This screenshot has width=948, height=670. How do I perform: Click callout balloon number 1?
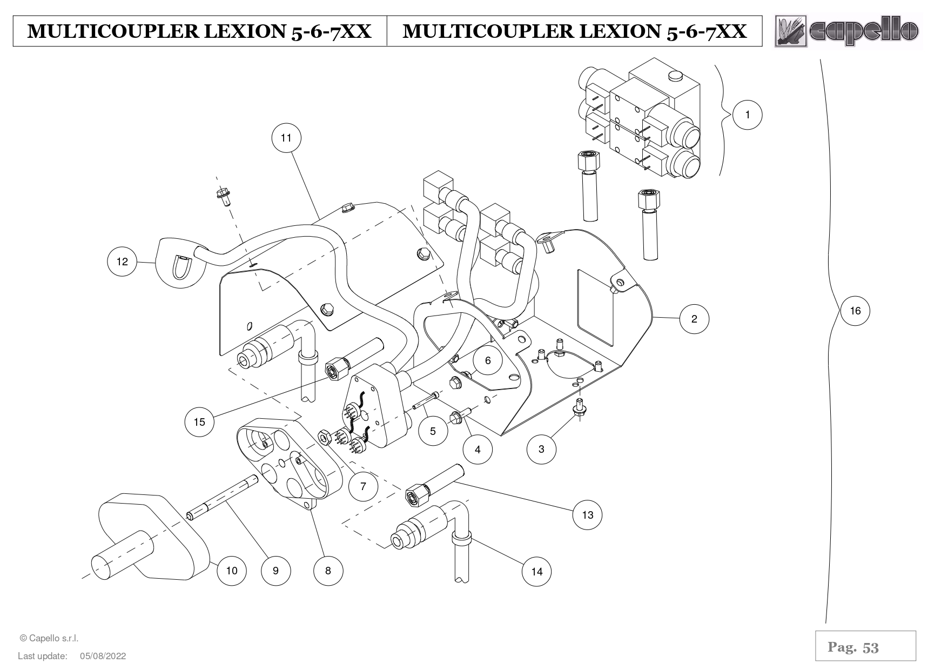pyautogui.click(x=748, y=115)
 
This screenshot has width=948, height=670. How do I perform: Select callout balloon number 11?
pyautogui.click(x=286, y=138)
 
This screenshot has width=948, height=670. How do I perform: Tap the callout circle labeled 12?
pyautogui.click(x=122, y=262)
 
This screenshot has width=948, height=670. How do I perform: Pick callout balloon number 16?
pyautogui.click(x=855, y=311)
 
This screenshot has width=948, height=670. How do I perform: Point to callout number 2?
pyautogui.click(x=694, y=319)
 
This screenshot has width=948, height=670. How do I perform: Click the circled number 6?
pyautogui.click(x=488, y=360)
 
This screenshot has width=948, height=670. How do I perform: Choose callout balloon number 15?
pyautogui.click(x=199, y=421)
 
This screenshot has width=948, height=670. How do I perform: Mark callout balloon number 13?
pyautogui.click(x=587, y=515)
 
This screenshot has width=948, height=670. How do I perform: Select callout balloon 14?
pyautogui.click(x=536, y=572)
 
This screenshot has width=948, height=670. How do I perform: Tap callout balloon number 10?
pyautogui.click(x=231, y=571)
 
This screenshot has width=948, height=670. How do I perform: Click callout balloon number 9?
pyautogui.click(x=275, y=571)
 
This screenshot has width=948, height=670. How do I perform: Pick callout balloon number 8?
pyautogui.click(x=328, y=571)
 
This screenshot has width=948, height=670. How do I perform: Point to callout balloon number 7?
pyautogui.click(x=363, y=486)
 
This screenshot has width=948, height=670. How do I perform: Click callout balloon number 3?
pyautogui.click(x=541, y=448)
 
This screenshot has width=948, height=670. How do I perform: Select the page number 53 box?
pyautogui.click(x=865, y=646)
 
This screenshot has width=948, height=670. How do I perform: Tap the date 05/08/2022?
pyautogui.click(x=103, y=656)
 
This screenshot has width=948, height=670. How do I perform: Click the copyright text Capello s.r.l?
pyautogui.click(x=49, y=638)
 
